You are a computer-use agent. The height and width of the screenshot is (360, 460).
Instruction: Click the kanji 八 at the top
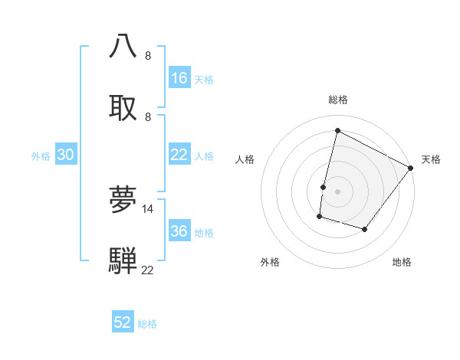point(123,45)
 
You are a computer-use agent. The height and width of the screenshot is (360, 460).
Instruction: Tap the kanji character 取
point(123,106)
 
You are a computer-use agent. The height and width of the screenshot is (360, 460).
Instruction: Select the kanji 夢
point(123,198)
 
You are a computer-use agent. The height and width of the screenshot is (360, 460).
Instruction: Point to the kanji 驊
point(123,260)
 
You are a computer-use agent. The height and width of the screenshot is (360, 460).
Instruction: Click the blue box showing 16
point(179,78)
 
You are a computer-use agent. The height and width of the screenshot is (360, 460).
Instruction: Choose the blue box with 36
point(179,231)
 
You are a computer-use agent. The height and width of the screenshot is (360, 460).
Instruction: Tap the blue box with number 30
point(66,155)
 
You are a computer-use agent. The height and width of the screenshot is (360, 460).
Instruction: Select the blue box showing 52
point(123,322)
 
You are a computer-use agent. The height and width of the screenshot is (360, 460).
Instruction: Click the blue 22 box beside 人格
point(179,155)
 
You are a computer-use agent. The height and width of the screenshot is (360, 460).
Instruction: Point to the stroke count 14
point(148,208)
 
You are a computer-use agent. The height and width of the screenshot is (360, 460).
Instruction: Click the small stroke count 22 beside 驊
point(148,270)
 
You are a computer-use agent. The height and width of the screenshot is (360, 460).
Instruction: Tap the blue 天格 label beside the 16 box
point(204,79)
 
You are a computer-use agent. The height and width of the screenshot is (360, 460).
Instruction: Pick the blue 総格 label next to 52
point(147,323)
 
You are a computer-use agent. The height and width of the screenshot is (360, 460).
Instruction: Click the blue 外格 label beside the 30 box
point(41,155)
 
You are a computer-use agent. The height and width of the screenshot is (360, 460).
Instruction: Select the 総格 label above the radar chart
point(337,100)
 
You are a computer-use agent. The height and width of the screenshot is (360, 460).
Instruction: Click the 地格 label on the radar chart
point(402,262)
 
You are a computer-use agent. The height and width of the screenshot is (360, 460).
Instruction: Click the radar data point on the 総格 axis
point(337,130)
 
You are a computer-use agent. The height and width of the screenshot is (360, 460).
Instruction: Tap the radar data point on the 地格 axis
point(365,229)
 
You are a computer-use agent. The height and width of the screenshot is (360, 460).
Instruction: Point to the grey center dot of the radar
point(337,191)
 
